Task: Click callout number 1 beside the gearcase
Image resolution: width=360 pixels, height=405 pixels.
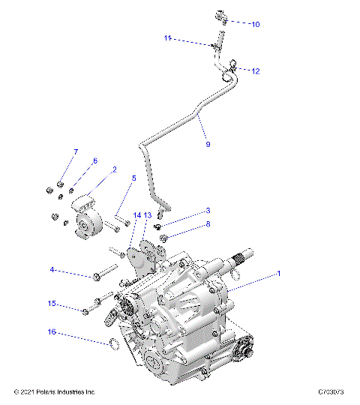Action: tap(279, 274)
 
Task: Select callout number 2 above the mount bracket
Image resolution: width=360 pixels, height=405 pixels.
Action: tap(114, 169)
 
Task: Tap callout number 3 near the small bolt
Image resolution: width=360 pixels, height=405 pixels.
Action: tap(208, 211)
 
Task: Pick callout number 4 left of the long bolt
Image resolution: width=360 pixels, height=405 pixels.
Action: tap(52, 269)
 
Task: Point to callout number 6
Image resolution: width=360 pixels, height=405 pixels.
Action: tap(94, 161)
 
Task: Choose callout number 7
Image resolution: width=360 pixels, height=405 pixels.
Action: tap(75, 152)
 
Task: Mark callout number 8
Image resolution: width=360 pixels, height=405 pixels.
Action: tap(208, 224)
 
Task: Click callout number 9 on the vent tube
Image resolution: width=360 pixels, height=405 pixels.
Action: tap(207, 144)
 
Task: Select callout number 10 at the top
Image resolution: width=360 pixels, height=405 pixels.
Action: tap(255, 24)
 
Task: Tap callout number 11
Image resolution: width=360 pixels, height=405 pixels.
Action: tap(168, 37)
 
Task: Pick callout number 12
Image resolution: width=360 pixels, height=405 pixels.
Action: tap(255, 71)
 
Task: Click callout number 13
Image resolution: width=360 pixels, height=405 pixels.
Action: tap(148, 215)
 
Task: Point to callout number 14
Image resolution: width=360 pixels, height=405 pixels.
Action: tap(137, 215)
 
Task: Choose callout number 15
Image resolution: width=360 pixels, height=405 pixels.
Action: tap(52, 304)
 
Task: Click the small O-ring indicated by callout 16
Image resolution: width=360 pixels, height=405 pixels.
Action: tap(109, 345)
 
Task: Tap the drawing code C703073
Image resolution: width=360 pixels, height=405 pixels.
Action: tap(330, 392)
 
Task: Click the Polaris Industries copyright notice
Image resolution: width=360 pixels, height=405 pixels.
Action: tap(55, 392)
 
